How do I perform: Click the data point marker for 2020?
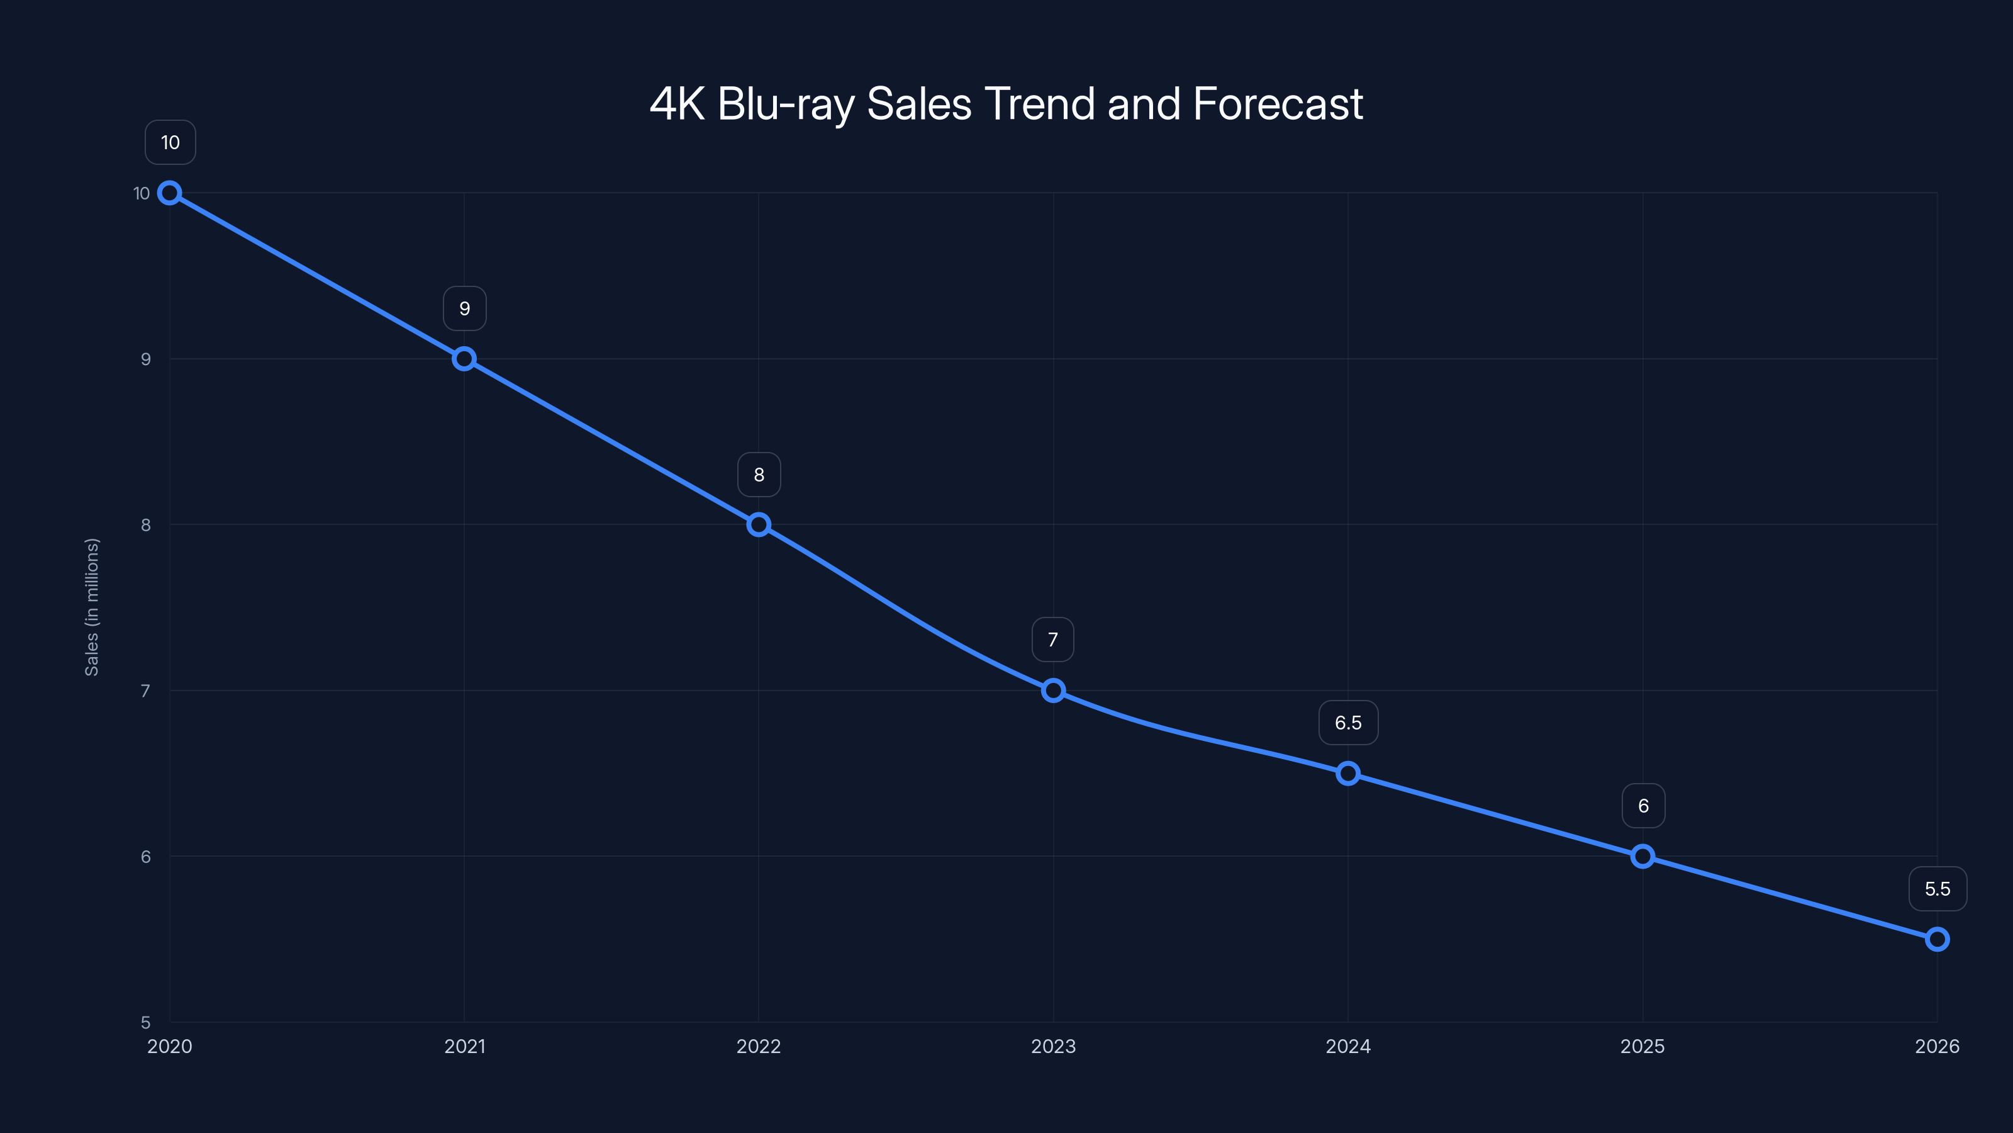tap(170, 193)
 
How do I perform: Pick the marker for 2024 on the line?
tap(1347, 774)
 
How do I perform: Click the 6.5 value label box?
tap(1347, 723)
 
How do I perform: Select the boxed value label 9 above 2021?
tap(464, 309)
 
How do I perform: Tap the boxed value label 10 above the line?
tap(170, 142)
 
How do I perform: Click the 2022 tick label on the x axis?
tap(758, 1046)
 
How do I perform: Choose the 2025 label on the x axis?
tap(1642, 1046)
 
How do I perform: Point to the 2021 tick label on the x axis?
tap(464, 1046)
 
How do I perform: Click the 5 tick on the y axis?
tap(145, 1022)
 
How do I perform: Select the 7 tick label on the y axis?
tap(145, 691)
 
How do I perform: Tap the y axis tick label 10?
tap(142, 193)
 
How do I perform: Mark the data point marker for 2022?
tap(758, 525)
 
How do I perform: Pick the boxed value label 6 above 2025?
tap(1642, 806)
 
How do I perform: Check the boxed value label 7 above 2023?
tap(1052, 640)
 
